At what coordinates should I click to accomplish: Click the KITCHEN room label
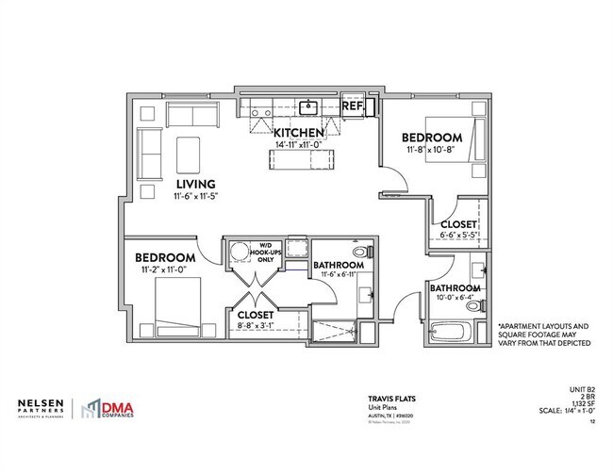pyautogui.click(x=299, y=132)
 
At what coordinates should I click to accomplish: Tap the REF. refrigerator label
pyautogui.click(x=354, y=106)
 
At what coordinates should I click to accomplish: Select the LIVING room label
pyautogui.click(x=195, y=184)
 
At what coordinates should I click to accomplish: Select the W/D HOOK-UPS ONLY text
pyautogui.click(x=259, y=254)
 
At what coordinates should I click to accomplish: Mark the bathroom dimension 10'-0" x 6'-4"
pyautogui.click(x=456, y=299)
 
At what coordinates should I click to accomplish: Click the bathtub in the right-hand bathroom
pyautogui.click(x=454, y=333)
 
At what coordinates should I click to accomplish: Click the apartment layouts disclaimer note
pyautogui.click(x=543, y=333)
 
